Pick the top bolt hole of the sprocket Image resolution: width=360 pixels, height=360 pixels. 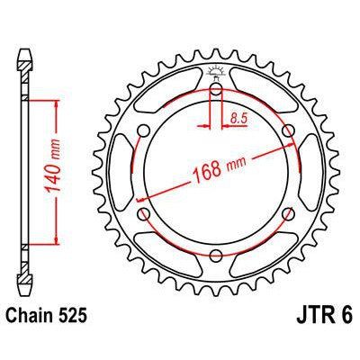click(x=216, y=90)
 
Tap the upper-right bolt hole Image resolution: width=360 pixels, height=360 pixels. click(x=287, y=131)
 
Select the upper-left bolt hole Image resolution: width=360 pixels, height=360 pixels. click(x=145, y=131)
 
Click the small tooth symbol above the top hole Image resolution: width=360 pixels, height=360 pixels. click(x=216, y=72)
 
